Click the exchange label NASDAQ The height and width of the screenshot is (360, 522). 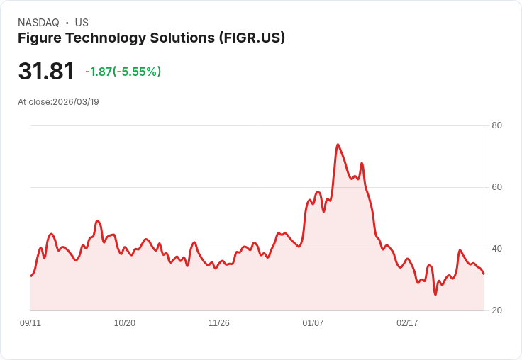(x=38, y=23)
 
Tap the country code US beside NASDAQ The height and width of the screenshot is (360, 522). (x=82, y=23)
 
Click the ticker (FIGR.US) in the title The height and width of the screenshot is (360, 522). (x=252, y=38)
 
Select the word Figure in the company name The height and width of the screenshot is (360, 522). (x=39, y=38)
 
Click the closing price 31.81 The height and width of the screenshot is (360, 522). (x=46, y=72)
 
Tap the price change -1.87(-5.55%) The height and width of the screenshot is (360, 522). (x=123, y=72)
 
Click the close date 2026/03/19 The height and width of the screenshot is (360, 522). (x=76, y=102)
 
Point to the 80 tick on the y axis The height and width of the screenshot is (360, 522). (x=496, y=125)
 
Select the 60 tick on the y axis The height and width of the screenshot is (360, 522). (x=496, y=187)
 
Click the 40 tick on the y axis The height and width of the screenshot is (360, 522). (x=496, y=249)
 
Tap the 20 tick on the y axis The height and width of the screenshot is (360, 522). (x=496, y=310)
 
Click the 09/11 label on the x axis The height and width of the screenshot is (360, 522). (x=30, y=323)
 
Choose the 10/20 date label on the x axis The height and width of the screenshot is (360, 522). (x=125, y=323)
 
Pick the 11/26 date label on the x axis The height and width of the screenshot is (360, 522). (x=218, y=323)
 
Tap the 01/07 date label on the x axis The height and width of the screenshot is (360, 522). (x=313, y=323)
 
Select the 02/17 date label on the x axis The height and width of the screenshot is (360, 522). (x=407, y=323)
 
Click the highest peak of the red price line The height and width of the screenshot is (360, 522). (x=338, y=145)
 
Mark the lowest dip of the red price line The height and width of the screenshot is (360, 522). (x=435, y=294)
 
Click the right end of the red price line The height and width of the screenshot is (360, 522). (x=484, y=274)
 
